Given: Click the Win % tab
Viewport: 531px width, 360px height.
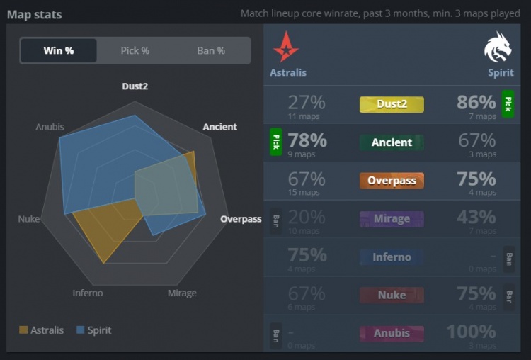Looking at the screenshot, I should click(59, 51).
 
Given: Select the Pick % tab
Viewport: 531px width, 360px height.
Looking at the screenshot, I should click(135, 51).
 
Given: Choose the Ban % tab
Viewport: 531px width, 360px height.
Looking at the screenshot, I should click(211, 51).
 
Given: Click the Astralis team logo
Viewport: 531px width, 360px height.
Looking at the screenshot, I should click(286, 47).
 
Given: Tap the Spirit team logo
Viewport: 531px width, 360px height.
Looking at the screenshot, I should click(498, 47).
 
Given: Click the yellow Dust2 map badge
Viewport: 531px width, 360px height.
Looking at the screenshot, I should click(392, 104).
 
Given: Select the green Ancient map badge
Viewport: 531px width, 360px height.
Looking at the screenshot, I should click(392, 142).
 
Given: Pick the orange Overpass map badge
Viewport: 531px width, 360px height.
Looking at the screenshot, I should click(392, 181).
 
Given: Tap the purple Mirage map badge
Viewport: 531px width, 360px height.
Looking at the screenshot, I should click(392, 219).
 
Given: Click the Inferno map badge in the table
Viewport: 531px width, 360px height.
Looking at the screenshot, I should click(392, 257).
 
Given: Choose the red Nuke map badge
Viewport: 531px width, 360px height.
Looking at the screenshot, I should click(392, 296).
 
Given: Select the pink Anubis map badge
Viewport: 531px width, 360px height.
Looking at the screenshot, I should click(392, 333).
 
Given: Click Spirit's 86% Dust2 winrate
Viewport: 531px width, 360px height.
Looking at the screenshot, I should click(476, 102).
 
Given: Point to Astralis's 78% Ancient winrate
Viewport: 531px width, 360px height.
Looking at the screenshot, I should click(307, 140).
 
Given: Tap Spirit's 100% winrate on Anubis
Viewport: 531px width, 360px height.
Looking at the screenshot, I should click(471, 332).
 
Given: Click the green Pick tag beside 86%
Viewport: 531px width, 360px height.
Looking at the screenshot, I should click(508, 103).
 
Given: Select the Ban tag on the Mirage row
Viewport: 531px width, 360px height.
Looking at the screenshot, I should click(275, 220).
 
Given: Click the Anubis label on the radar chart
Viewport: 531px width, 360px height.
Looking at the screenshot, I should click(50, 128).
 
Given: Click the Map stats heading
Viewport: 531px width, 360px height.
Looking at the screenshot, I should click(34, 14).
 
